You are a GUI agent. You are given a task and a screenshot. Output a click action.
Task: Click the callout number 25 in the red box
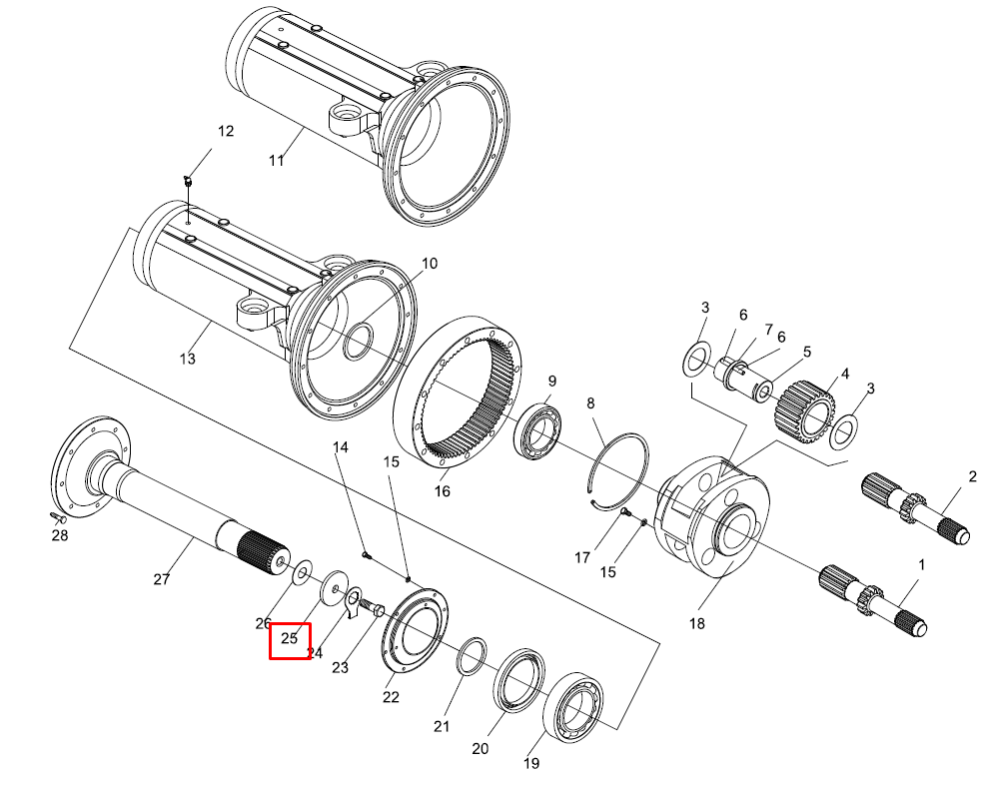[289, 638]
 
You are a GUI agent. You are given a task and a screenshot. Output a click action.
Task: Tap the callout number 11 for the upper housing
[277, 160]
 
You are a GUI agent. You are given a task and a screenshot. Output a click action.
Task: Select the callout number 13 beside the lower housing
[188, 359]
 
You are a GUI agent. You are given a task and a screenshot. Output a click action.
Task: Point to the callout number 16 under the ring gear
[443, 490]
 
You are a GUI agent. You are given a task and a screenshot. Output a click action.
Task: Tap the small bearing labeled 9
[538, 431]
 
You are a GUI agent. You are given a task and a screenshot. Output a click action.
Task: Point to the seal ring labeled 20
[519, 680]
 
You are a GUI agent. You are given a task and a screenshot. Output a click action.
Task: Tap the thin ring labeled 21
[472, 656]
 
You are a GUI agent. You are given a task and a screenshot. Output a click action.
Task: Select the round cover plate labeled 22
[416, 630]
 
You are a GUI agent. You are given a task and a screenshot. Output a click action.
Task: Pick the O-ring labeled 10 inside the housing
[359, 342]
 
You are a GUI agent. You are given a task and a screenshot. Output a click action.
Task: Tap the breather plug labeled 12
[188, 182]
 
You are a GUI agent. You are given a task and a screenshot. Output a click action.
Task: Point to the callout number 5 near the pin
[807, 352]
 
